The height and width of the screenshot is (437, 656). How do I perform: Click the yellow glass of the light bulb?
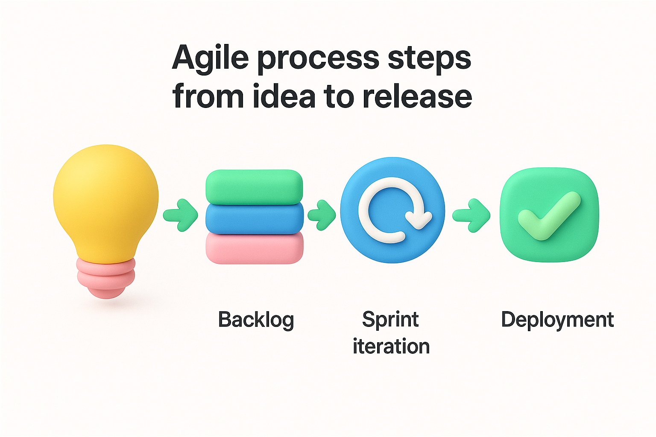tap(105, 201)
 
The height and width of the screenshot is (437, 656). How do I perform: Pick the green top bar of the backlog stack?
tap(254, 186)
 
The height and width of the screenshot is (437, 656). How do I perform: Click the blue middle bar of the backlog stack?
tap(254, 218)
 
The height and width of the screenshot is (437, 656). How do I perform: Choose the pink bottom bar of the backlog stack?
tap(255, 248)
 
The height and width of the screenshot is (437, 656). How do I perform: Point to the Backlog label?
tap(256, 320)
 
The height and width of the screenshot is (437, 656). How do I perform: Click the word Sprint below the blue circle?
tap(390, 320)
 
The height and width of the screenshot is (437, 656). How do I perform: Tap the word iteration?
tap(391, 346)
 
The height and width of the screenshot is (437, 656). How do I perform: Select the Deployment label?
tap(557, 320)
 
